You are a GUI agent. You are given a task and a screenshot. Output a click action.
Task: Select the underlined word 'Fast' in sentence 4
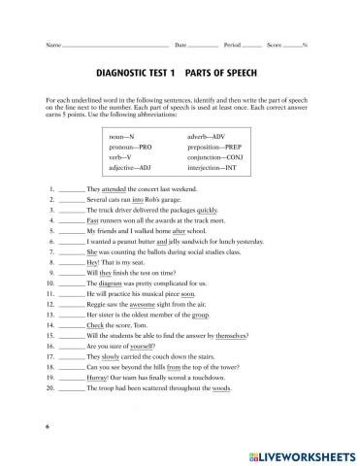click(93, 221)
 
